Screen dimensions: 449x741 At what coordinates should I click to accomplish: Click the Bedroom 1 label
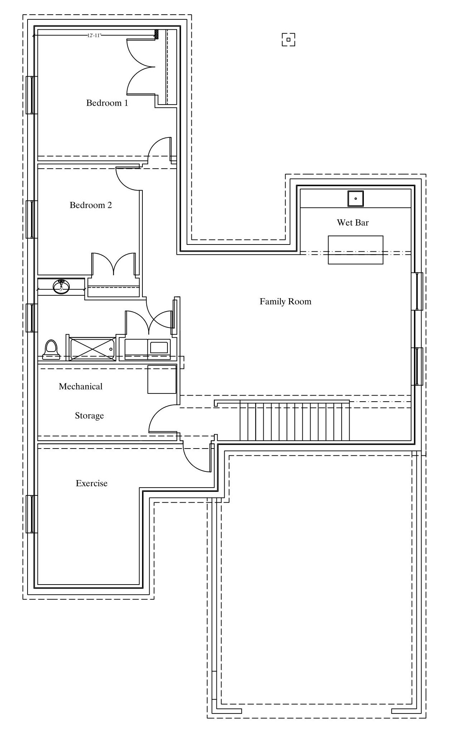(107, 103)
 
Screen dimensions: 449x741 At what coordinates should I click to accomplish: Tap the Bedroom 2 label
(91, 205)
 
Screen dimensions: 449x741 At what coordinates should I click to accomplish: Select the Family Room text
(285, 302)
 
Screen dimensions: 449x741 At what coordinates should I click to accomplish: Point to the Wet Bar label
(353, 223)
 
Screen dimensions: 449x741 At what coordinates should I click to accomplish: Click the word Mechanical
(80, 387)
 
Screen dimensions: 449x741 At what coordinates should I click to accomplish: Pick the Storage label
(89, 416)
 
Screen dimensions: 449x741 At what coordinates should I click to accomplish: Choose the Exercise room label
(92, 484)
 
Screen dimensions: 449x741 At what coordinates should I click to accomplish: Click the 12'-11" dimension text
(94, 35)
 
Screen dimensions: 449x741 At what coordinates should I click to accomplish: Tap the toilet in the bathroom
(50, 349)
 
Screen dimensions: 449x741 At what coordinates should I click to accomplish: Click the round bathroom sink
(62, 287)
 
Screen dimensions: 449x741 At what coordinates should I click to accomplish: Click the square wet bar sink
(356, 199)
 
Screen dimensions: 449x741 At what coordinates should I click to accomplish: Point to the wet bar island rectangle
(356, 250)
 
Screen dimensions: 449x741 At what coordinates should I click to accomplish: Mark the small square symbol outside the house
(288, 40)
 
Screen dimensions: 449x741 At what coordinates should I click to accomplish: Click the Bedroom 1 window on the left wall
(32, 95)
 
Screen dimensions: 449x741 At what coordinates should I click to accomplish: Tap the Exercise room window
(32, 514)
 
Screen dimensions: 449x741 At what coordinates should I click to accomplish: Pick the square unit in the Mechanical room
(162, 379)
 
